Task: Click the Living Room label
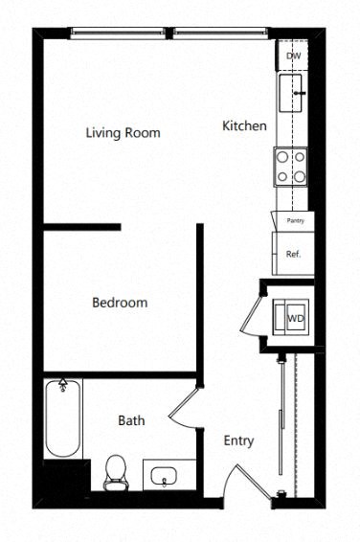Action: click(x=123, y=133)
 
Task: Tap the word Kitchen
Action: click(x=244, y=125)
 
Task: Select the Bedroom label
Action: click(x=120, y=303)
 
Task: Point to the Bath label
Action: click(x=131, y=420)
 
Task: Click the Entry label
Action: click(x=238, y=440)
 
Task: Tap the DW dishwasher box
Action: click(x=293, y=56)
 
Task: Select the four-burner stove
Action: click(x=290, y=166)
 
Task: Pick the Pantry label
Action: click(x=294, y=220)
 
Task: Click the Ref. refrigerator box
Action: click(x=293, y=254)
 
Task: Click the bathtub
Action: click(x=63, y=419)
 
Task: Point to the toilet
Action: click(x=115, y=471)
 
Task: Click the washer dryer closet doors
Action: click(x=252, y=316)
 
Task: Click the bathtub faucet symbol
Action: click(x=64, y=386)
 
